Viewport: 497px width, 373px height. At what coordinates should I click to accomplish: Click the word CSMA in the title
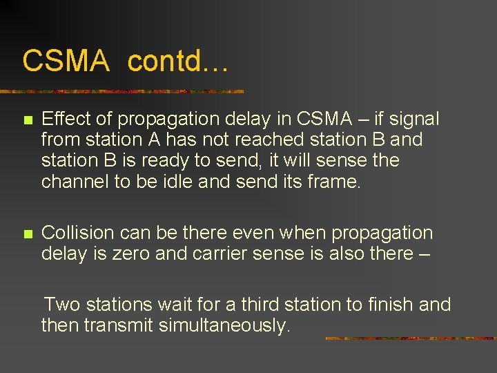(66, 61)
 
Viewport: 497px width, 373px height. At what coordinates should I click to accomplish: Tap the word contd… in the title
(178, 61)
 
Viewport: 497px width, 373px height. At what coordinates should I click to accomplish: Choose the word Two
(63, 305)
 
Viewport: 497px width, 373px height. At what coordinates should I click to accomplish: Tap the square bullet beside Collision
(28, 234)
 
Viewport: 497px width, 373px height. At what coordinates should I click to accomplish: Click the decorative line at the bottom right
(410, 338)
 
